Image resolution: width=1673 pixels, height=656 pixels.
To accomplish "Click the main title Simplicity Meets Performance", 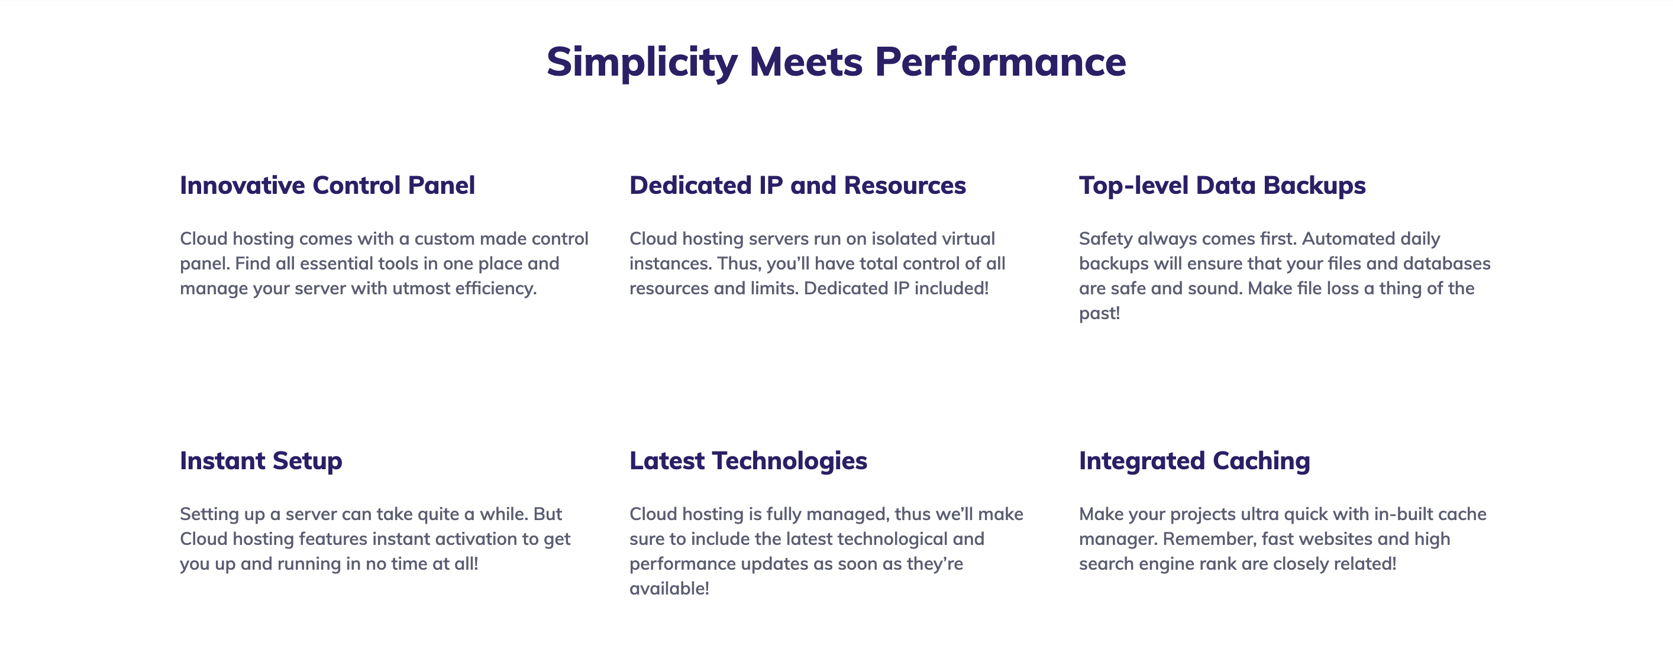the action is click(x=836, y=62).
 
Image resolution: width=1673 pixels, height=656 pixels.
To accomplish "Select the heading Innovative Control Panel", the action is click(x=327, y=185).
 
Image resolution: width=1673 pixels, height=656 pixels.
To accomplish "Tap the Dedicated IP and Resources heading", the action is click(x=797, y=185).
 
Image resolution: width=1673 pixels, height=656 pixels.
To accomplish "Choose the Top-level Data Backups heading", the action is click(x=1222, y=186).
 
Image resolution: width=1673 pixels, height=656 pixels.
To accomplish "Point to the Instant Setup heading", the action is click(x=261, y=462).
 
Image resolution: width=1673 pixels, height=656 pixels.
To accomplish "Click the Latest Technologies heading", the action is click(x=748, y=462).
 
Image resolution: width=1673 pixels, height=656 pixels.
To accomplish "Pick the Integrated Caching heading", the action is click(x=1194, y=462).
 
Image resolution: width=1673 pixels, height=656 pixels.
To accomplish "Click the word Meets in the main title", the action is click(x=806, y=62).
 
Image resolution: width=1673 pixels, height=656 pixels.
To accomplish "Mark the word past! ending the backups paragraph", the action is click(x=1100, y=313).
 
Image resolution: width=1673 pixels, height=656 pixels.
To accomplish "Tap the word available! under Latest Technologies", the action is click(x=669, y=589).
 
